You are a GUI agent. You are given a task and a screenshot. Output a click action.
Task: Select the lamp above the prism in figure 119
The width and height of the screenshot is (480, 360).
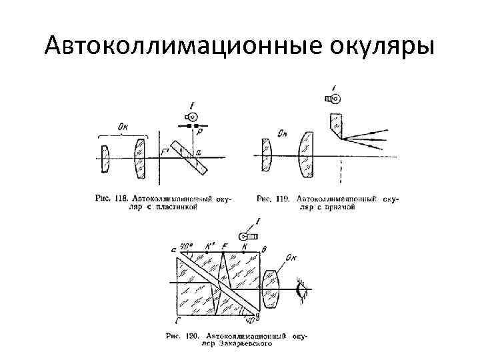point(333,99)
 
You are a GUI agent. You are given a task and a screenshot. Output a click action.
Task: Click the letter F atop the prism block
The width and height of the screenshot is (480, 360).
point(225,247)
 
